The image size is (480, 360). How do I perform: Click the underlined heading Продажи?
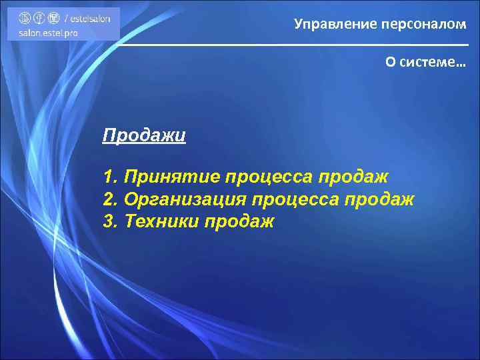tap(144, 136)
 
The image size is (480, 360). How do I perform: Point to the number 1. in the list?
tap(111, 177)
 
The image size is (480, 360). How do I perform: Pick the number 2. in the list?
tap(111, 199)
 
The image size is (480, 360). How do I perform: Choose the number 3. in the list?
tap(111, 221)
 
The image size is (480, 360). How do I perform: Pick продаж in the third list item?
tap(239, 221)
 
